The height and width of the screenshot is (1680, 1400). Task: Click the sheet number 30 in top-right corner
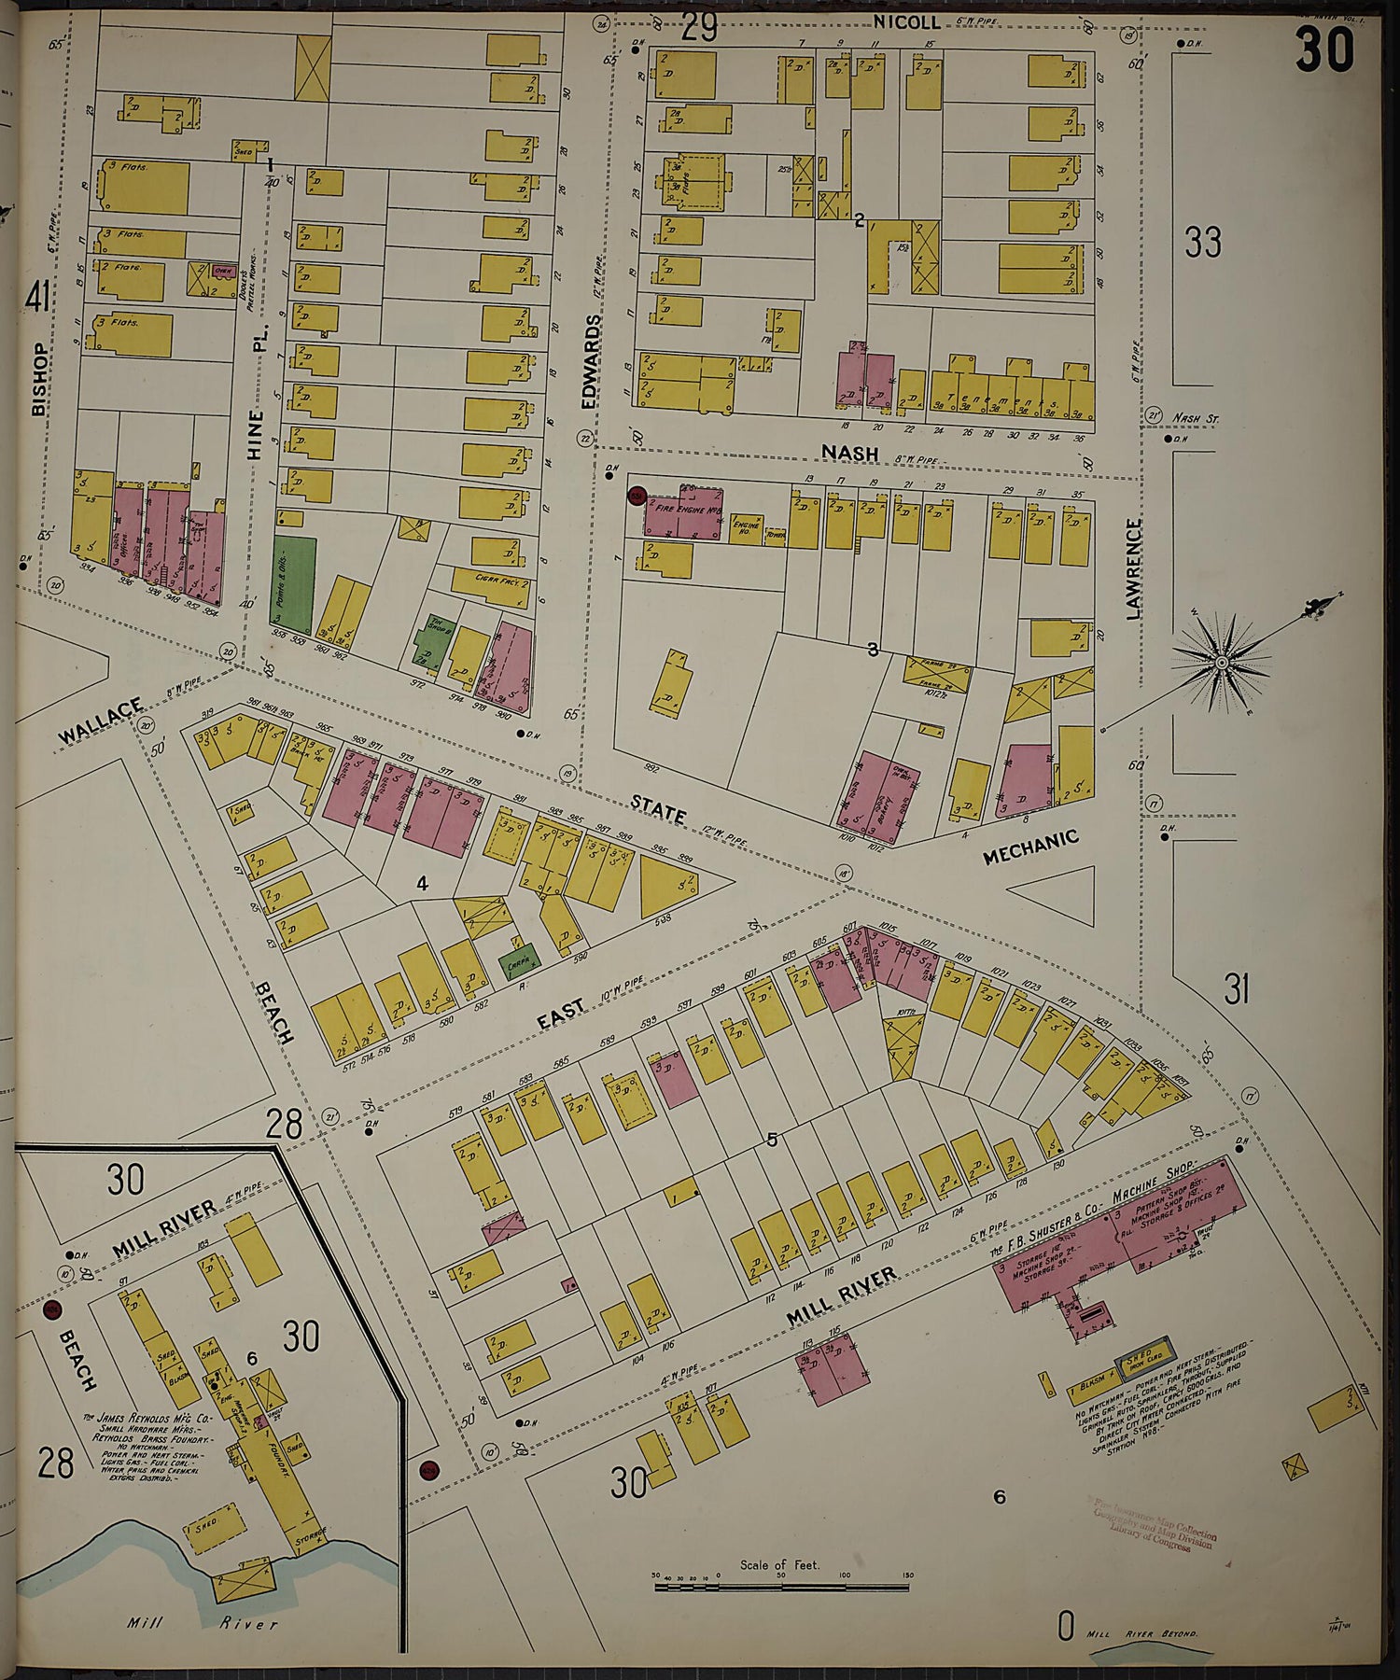tap(1323, 49)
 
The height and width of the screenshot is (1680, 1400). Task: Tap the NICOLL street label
tap(906, 21)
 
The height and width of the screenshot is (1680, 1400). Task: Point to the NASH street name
tap(849, 453)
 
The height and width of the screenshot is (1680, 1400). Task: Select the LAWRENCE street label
tap(1133, 570)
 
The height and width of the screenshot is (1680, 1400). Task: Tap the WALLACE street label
tap(101, 721)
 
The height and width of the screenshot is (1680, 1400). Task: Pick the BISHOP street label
tap(38, 379)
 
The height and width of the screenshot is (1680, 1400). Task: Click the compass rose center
tap(1220, 662)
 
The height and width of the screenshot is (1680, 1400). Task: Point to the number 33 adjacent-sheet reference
tap(1202, 243)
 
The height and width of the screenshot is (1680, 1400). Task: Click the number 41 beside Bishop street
tap(37, 300)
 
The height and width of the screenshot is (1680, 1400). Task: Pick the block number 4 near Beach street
tap(422, 883)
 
